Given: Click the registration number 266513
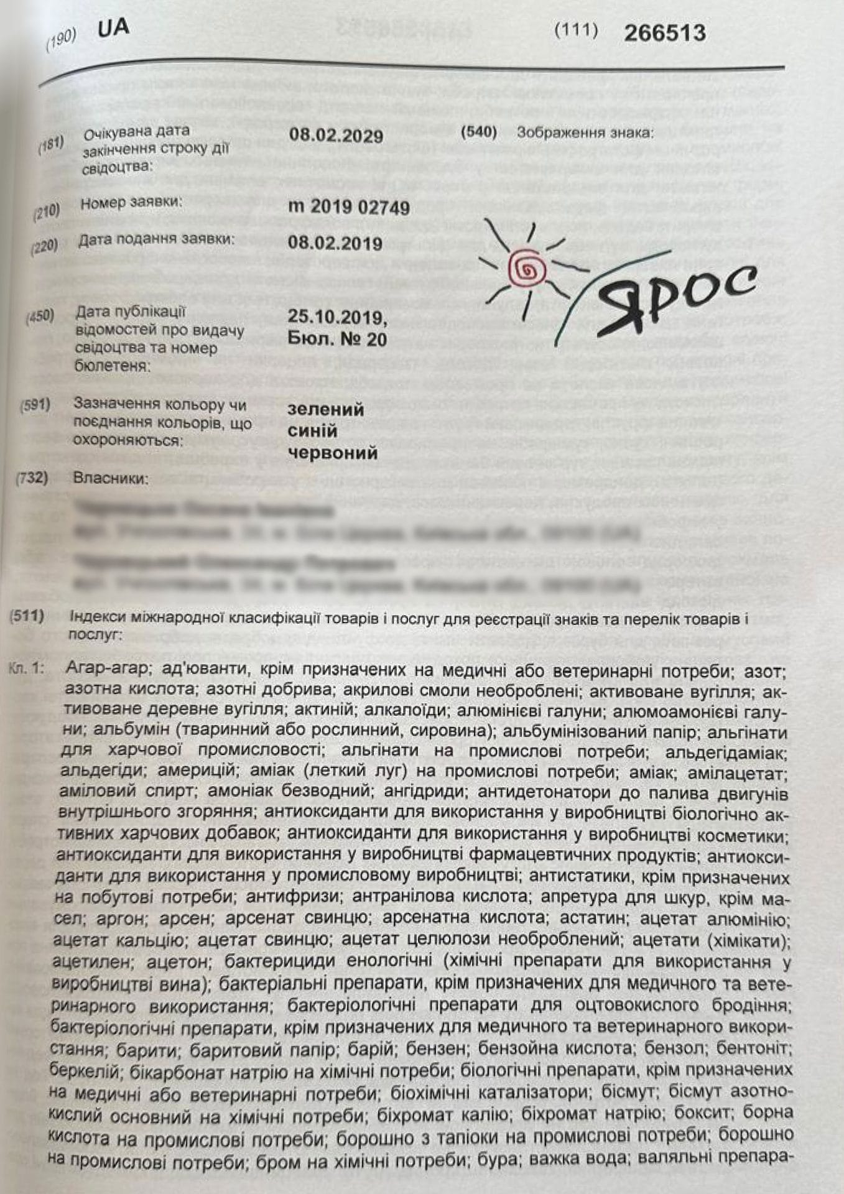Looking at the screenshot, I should (664, 33).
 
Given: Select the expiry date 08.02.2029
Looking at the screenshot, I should (336, 136).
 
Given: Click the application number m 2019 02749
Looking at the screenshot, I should (349, 207).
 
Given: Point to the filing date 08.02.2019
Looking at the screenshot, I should (335, 243).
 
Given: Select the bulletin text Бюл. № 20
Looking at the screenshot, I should (337, 339).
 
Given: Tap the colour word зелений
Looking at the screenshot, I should (325, 410).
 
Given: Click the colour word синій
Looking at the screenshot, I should (313, 431).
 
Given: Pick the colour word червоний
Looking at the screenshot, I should (333, 452).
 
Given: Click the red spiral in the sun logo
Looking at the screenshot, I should (526, 269).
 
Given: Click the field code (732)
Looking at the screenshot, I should (31, 479).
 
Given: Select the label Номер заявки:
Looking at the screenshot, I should (132, 203).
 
